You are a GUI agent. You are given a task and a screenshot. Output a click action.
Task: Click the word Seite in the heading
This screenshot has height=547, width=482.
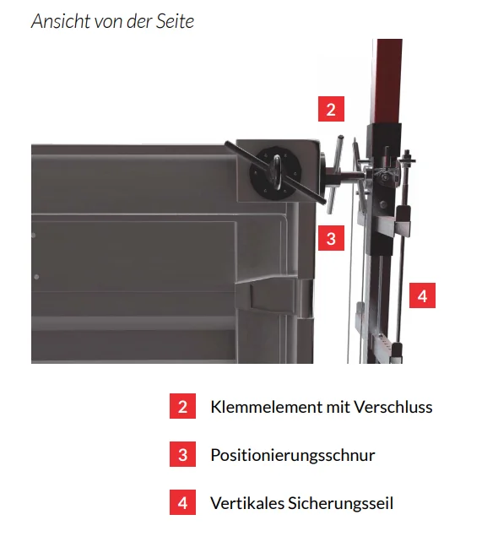175,21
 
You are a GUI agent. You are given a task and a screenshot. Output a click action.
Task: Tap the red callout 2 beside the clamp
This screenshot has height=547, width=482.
331,109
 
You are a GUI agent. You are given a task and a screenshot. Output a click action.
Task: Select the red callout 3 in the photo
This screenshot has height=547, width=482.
331,238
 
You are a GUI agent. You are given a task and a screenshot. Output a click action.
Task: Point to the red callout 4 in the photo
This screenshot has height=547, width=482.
422,295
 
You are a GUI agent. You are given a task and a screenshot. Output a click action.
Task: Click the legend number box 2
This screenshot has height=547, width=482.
183,406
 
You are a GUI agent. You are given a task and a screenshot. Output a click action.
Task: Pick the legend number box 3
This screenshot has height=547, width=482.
183,454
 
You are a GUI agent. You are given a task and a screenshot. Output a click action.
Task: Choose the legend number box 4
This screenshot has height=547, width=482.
183,502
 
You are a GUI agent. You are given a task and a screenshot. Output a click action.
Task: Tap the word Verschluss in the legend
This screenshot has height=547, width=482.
393,407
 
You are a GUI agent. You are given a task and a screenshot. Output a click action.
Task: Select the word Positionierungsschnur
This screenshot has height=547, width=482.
293,456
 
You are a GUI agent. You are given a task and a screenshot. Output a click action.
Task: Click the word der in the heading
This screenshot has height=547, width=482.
139,21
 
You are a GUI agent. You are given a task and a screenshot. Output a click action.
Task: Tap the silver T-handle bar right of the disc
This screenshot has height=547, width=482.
335,175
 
